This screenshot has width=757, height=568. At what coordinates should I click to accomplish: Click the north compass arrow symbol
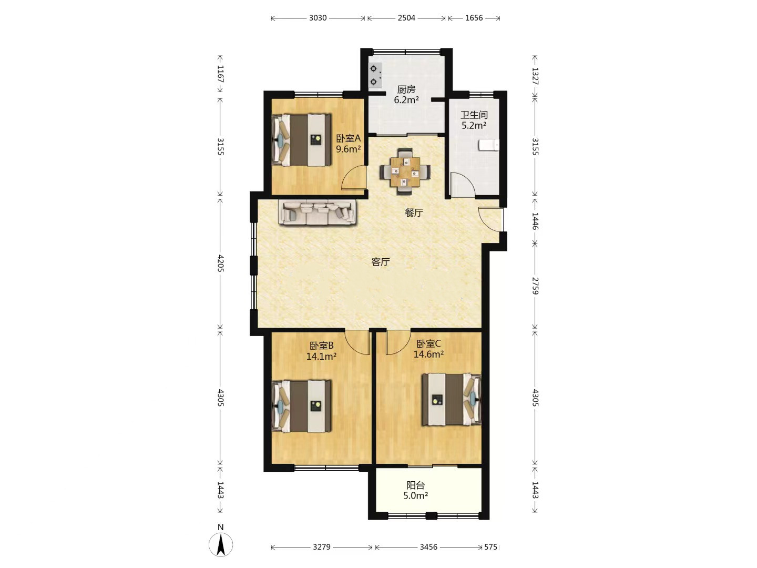[x=221, y=544]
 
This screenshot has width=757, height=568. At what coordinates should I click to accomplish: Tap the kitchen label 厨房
[x=406, y=89]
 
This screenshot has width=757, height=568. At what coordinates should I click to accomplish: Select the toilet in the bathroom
[x=489, y=145]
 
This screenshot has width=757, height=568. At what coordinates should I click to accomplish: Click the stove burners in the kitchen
[x=375, y=75]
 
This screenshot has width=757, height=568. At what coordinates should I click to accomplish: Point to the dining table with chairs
[x=405, y=171]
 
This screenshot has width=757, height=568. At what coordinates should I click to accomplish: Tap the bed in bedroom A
[x=302, y=140]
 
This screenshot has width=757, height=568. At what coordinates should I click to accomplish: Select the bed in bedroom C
[x=452, y=400]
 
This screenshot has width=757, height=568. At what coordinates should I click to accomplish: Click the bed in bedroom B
[x=302, y=406]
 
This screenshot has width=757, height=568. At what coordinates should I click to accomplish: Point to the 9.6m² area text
[x=349, y=149]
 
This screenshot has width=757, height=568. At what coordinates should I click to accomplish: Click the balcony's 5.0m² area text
[x=416, y=495]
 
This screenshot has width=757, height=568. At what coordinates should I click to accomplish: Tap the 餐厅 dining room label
[x=414, y=213]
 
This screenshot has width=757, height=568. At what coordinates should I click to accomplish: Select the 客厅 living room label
[x=381, y=262]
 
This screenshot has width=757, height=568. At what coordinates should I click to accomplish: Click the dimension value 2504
[x=406, y=18]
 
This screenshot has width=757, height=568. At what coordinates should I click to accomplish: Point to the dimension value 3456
[x=428, y=547]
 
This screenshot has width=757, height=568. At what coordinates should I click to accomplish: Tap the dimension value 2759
[x=535, y=286]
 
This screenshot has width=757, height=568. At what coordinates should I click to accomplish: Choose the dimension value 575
[x=491, y=547]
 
